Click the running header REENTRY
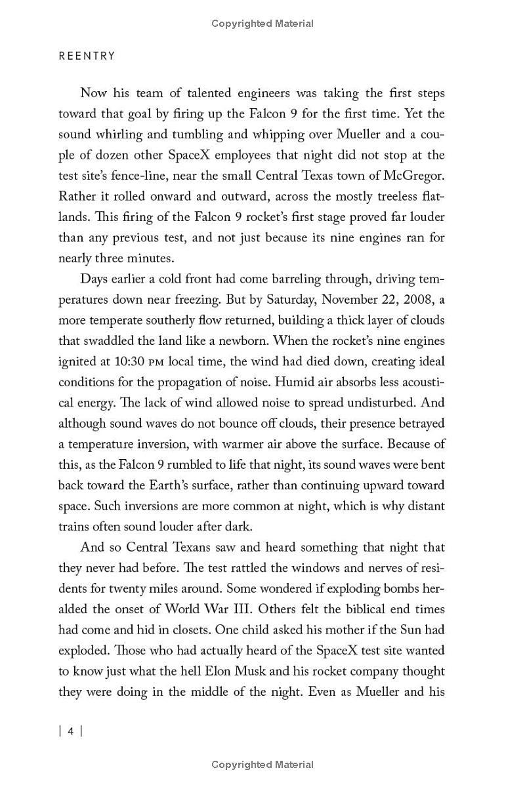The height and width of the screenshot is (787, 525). point(87,56)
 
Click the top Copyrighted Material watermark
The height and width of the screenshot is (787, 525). point(262,24)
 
